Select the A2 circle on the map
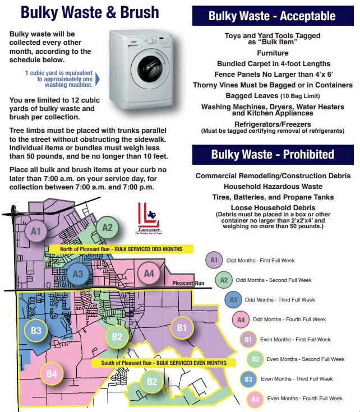[107, 228]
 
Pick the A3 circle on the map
[79, 274]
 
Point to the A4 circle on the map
[149, 274]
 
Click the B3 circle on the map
[36, 330]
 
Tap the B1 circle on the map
[181, 327]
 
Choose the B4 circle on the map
[52, 373]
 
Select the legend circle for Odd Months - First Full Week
[214, 261]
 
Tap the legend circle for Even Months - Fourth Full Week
[255, 399]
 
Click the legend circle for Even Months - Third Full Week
[248, 379]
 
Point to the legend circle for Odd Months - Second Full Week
[223, 280]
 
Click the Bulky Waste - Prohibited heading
[272, 154]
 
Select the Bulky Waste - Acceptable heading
[272, 16]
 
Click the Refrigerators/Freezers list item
[273, 123]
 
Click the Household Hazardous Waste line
[273, 186]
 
